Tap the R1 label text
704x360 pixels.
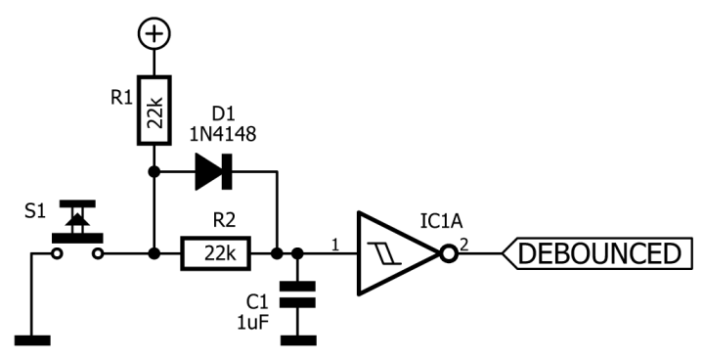[122, 98]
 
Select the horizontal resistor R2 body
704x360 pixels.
[215, 254]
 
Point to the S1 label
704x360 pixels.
[35, 211]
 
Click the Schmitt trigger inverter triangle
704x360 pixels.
[396, 254]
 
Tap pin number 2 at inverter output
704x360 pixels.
[464, 244]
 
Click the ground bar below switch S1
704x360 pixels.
[33, 339]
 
